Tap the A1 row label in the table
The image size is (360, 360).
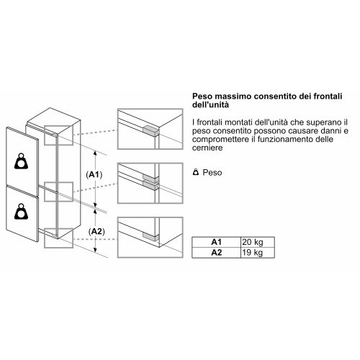(x=216, y=242)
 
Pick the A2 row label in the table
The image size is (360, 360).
(x=216, y=253)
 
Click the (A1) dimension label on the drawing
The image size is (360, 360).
(x=94, y=175)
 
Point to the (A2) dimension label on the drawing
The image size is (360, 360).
(x=96, y=232)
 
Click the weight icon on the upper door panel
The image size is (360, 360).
(x=21, y=161)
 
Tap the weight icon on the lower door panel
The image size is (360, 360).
(x=21, y=212)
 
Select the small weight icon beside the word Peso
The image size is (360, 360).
(x=196, y=172)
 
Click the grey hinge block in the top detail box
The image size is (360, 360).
(x=151, y=131)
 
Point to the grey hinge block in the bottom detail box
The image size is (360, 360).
(x=150, y=236)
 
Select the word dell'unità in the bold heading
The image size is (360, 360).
(x=210, y=105)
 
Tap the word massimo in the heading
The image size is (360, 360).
(x=233, y=96)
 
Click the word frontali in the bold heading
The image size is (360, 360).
(x=328, y=96)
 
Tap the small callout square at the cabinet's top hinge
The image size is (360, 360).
(x=58, y=135)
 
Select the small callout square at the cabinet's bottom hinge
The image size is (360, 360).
(x=58, y=238)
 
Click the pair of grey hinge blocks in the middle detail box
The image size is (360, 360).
(x=151, y=182)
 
